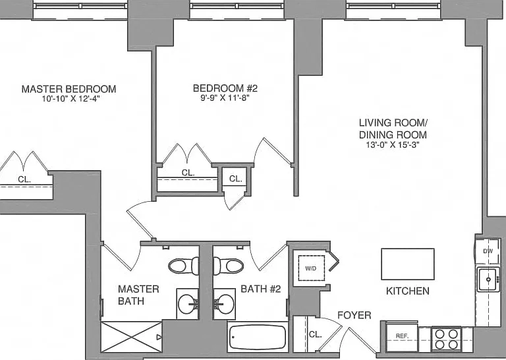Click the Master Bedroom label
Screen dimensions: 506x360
pyautogui.click(x=69, y=89)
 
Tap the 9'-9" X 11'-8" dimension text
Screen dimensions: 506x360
pyautogui.click(x=225, y=98)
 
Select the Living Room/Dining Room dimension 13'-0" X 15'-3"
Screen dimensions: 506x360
pyautogui.click(x=393, y=144)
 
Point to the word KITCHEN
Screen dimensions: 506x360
pyautogui.click(x=408, y=291)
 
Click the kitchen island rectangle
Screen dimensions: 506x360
pyautogui.click(x=408, y=264)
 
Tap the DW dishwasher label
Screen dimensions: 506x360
pyautogui.click(x=488, y=251)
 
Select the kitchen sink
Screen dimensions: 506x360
pyautogui.click(x=488, y=279)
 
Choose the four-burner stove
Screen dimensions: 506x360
pyautogui.click(x=447, y=339)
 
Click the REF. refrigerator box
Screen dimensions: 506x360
pyautogui.click(x=402, y=336)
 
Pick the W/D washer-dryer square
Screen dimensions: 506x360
pyautogui.click(x=311, y=268)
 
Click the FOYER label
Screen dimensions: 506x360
pyautogui.click(x=354, y=315)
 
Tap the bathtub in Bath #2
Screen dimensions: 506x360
pyautogui.click(x=257, y=337)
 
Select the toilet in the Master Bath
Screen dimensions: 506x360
pyautogui.click(x=184, y=266)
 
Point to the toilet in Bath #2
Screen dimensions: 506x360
pyautogui.click(x=229, y=266)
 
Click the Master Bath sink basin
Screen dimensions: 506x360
pyautogui.click(x=188, y=304)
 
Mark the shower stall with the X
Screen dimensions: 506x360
pyautogui.click(x=131, y=337)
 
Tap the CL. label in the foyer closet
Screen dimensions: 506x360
pyautogui.click(x=316, y=334)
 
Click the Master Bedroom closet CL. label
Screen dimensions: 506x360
pyautogui.click(x=24, y=179)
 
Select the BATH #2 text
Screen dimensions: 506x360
pyautogui.click(x=261, y=289)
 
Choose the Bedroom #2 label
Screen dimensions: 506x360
pyautogui.click(x=225, y=88)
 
